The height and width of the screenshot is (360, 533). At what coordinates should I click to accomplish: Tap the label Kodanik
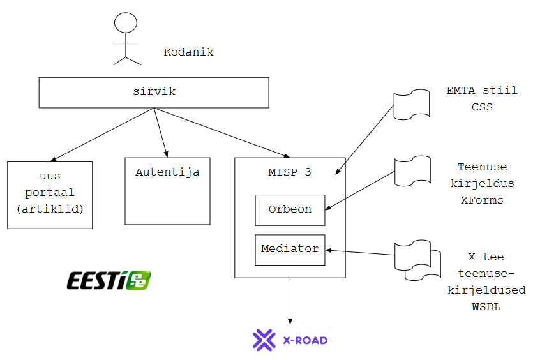[188, 52]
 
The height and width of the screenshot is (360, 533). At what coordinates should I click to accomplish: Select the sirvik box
[153, 93]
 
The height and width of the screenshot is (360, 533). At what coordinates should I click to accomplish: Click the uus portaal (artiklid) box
[50, 195]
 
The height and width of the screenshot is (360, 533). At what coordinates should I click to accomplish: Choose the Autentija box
[167, 190]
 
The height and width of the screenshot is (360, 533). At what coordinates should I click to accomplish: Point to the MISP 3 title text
[290, 172]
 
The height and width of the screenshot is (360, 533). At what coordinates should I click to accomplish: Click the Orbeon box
[290, 210]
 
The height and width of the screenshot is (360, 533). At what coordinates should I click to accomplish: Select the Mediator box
[290, 250]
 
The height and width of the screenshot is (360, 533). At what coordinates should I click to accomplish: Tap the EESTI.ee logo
[109, 280]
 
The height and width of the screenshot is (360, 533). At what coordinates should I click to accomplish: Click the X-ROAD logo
[290, 340]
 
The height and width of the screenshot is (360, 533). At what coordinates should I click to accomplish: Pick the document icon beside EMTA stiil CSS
[412, 104]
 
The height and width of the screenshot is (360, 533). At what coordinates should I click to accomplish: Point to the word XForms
[482, 200]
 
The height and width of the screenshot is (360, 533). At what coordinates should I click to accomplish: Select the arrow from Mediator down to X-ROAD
[290, 294]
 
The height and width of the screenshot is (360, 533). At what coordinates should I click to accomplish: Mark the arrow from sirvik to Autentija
[160, 132]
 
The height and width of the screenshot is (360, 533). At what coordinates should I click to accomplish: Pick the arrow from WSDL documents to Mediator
[361, 253]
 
